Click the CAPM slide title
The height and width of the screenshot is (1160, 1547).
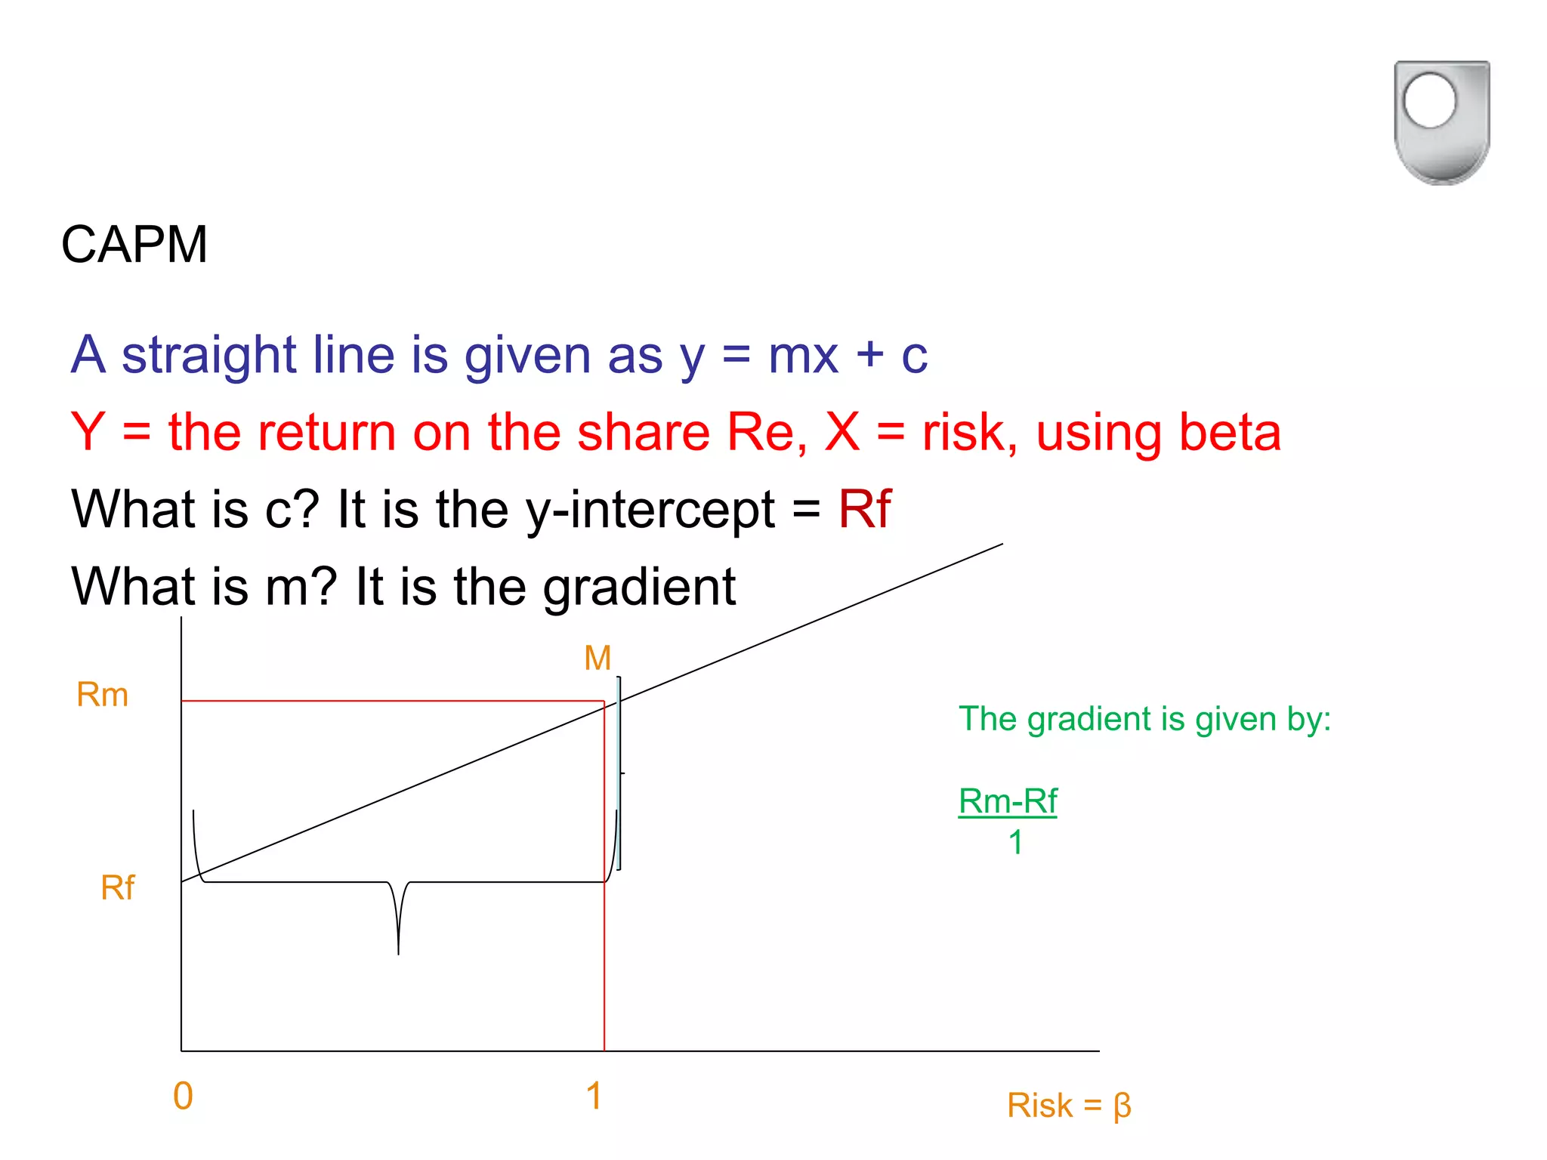point(134,245)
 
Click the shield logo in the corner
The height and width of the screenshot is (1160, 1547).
point(1441,122)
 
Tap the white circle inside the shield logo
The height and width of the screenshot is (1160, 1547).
point(1429,100)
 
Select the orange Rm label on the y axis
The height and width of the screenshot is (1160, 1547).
point(103,695)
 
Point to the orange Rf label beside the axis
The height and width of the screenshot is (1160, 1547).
point(118,888)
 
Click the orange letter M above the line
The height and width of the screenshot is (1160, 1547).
point(597,659)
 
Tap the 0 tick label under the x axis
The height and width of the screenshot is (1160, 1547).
point(183,1097)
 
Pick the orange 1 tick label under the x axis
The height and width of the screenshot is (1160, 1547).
point(594,1097)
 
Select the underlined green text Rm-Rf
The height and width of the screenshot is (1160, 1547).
point(1008,801)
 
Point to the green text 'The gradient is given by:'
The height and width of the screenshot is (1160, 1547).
point(1144,719)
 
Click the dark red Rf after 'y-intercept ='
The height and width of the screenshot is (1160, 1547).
point(865,509)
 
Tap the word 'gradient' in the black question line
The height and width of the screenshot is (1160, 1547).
point(640,588)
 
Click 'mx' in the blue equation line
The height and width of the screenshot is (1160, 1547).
point(803,355)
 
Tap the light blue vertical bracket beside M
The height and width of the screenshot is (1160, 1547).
point(619,773)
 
